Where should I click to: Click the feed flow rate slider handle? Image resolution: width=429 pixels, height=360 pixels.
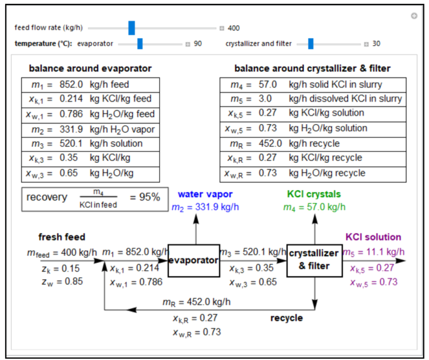(132, 28)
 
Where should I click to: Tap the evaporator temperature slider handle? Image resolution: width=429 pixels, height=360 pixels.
(140, 44)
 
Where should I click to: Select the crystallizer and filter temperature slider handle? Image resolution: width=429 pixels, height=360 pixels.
(311, 44)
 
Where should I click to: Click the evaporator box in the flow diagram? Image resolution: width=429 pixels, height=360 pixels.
(193, 260)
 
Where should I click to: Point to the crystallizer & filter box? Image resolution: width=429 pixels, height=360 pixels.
(314, 260)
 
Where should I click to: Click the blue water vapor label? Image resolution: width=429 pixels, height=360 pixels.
(205, 195)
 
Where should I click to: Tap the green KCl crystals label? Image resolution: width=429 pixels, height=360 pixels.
(314, 195)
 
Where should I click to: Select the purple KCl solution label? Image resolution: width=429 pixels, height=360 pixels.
(373, 237)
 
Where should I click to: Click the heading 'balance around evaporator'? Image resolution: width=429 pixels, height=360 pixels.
(90, 69)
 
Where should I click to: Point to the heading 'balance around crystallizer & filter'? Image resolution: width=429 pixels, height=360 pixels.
(312, 69)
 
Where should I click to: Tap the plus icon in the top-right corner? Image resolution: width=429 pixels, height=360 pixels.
(414, 16)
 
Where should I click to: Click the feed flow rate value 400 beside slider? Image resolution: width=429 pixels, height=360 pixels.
(233, 28)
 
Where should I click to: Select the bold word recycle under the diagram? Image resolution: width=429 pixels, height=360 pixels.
(287, 318)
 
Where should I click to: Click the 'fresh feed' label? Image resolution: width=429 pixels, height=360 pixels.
(62, 237)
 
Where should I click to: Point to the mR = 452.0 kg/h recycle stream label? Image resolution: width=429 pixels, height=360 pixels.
(196, 303)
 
